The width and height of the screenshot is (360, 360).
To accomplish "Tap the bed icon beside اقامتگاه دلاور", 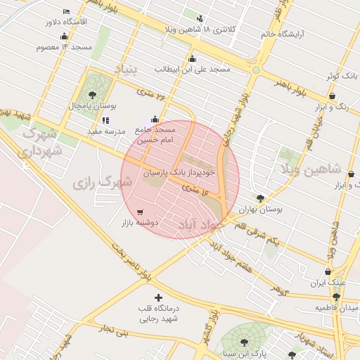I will point(66,12).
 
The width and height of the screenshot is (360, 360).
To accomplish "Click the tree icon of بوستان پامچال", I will point(92,95).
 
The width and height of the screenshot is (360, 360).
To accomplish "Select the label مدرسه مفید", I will point(105,131).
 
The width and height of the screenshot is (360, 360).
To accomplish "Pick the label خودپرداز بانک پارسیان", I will point(179,172).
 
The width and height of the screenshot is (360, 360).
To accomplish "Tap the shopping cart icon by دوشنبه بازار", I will point(140,211).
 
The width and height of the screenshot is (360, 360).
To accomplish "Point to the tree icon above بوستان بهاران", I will point(261,199).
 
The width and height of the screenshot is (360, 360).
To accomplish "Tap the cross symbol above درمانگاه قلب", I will point(157,298).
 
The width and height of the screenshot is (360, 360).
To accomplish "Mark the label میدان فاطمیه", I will point(337,308).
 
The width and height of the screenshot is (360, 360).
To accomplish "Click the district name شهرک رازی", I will point(103,183).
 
